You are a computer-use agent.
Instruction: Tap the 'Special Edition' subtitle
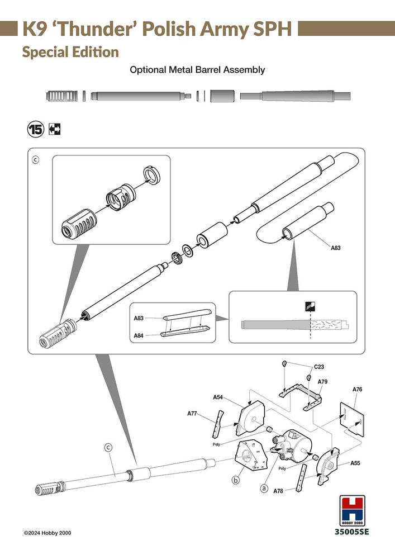70,52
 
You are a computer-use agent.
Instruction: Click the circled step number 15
35,130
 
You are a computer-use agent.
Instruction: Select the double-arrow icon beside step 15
55,130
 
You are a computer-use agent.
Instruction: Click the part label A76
358,389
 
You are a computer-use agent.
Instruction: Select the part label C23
320,367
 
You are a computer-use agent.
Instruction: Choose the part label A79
322,382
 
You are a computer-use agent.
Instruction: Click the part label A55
355,463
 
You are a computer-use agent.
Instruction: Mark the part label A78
279,491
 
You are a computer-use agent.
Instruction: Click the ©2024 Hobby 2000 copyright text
47,533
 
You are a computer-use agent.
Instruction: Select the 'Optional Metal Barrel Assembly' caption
197,70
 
